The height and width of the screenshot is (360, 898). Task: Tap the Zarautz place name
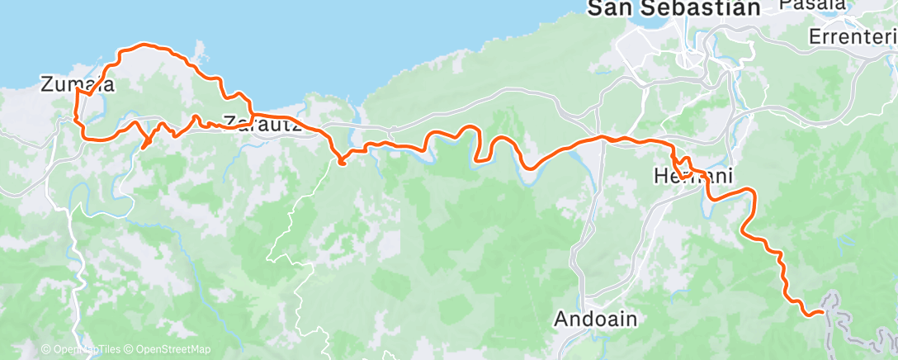point(259,121)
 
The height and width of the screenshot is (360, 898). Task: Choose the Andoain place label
point(595,318)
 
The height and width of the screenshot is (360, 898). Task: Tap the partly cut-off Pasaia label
point(813,4)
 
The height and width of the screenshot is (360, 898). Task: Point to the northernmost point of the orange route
point(147,44)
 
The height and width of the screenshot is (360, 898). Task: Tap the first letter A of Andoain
point(561,318)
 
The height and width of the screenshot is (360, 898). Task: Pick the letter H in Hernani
point(659,175)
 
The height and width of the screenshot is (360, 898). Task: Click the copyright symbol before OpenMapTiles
point(45,349)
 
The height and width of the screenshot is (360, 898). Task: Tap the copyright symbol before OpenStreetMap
point(130,349)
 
